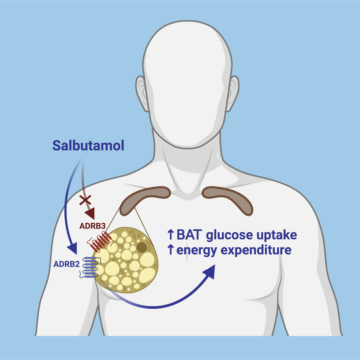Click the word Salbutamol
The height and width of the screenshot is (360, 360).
point(88,146)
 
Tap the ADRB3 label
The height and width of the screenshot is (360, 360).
point(93,226)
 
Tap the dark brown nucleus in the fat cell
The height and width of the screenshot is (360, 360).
point(141,247)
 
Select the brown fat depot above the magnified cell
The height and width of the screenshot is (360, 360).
point(145,198)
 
